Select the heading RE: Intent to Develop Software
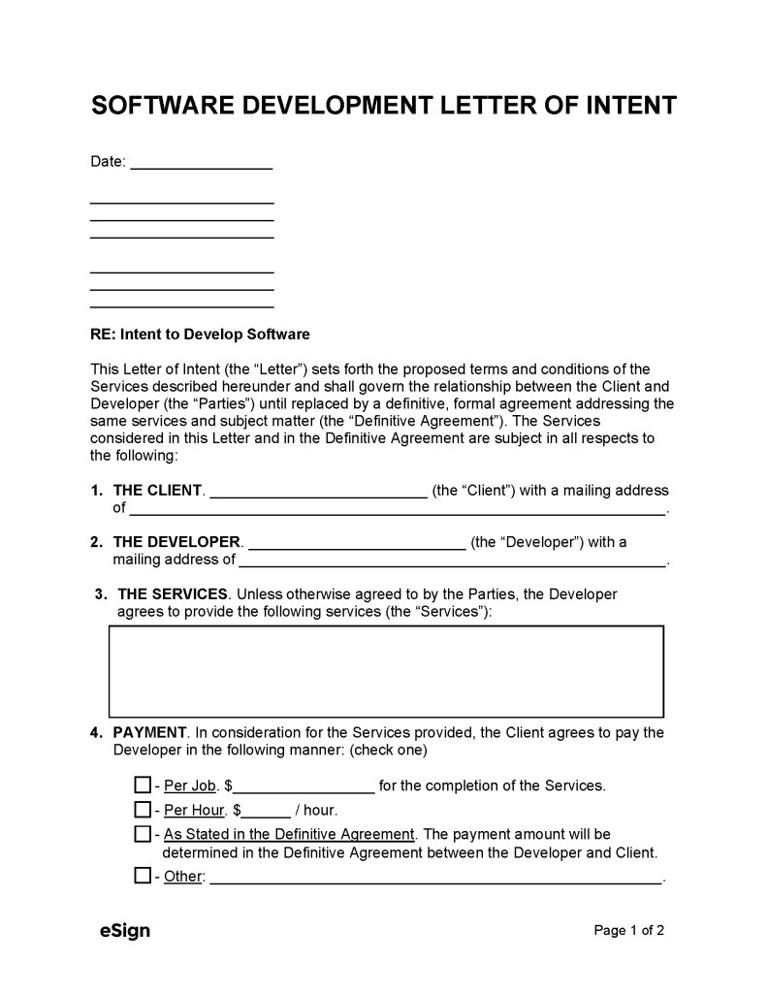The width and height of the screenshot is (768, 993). click(x=200, y=335)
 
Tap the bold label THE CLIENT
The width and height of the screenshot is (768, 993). click(x=158, y=491)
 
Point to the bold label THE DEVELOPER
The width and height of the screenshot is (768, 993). click(x=177, y=542)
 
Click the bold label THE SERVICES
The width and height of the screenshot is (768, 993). click(x=173, y=593)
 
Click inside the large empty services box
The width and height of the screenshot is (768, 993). click(x=386, y=671)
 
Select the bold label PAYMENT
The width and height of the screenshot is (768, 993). click(x=150, y=733)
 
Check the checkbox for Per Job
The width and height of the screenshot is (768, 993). click(x=143, y=785)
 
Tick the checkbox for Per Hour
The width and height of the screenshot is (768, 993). click(x=143, y=810)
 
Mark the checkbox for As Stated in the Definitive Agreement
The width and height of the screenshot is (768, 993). click(x=143, y=834)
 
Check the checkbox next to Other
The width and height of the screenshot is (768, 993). click(x=143, y=877)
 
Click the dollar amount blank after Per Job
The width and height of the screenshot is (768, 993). click(x=304, y=786)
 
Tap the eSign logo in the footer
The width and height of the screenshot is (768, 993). click(x=125, y=932)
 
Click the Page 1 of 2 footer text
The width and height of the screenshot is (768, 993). click(x=628, y=931)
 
